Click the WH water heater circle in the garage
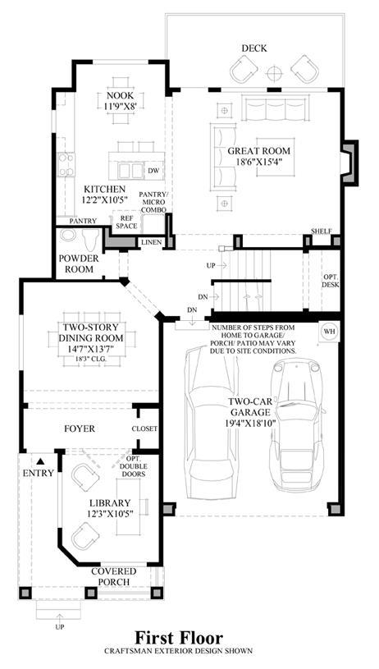[329, 332]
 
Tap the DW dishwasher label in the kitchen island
[154, 171]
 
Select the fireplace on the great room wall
[349, 163]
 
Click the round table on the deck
[275, 73]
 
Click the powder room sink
[68, 236]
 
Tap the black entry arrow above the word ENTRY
[40, 461]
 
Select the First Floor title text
[179, 638]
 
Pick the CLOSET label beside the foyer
[144, 428]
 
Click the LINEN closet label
[151, 242]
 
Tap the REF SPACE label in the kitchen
[126, 221]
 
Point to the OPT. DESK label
[331, 281]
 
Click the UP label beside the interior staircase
[211, 265]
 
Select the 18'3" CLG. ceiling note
[91, 360]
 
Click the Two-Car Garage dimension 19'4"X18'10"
[249, 423]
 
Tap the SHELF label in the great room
[322, 231]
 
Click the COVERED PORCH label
[113, 576]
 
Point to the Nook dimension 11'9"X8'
[120, 105]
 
